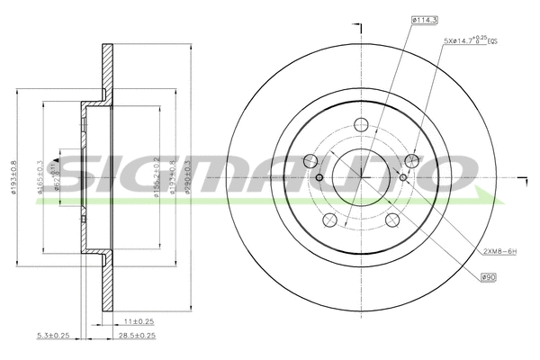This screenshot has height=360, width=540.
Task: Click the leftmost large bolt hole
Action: click(310, 162)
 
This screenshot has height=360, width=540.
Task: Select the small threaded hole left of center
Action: click(319, 177)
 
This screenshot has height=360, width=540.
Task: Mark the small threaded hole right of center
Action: click(402, 177)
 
